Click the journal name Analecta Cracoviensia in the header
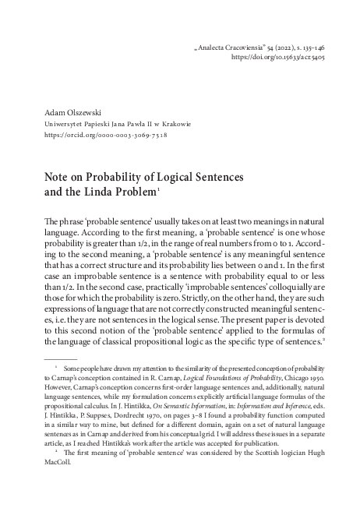click(x=228, y=48)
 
